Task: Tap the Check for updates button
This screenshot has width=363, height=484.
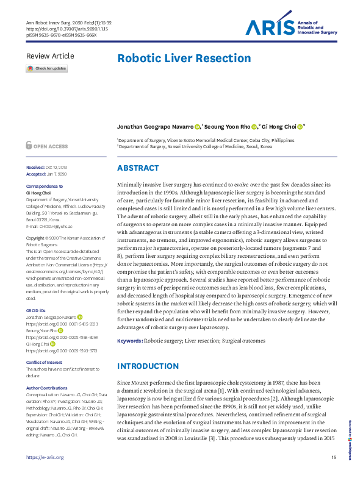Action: tap(46, 69)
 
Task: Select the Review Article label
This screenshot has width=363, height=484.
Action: tap(50, 56)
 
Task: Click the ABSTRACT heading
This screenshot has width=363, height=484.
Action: tap(138, 168)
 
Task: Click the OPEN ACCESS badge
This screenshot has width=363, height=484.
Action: tap(47, 146)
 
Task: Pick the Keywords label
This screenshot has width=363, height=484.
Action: tap(129, 341)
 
